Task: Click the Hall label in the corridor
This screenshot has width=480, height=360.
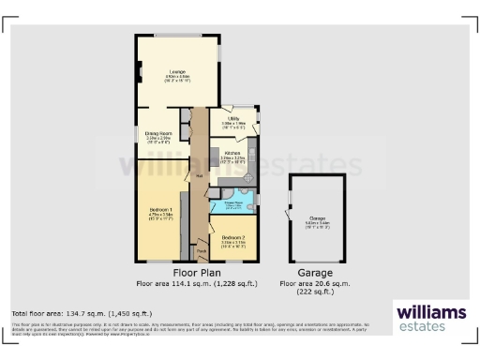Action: click(x=199, y=174)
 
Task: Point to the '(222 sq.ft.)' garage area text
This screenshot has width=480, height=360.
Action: click(x=313, y=292)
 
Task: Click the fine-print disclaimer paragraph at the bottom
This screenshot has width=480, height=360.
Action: click(x=187, y=329)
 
